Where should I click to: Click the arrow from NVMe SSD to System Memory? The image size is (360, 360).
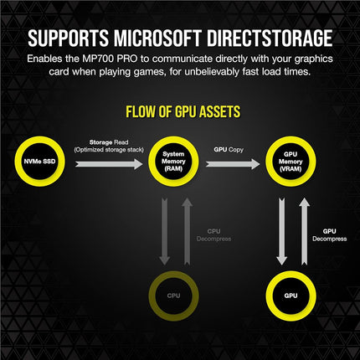pos(109,164)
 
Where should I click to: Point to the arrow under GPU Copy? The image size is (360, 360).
pos(233,164)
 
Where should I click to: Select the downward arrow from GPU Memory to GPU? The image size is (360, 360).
pos(282,231)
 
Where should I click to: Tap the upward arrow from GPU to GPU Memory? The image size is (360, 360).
pos(305,231)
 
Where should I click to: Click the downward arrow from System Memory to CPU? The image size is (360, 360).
pos(165,231)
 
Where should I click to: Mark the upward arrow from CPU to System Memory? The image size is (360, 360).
pos(188,231)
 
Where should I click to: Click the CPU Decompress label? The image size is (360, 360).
pos(213,235)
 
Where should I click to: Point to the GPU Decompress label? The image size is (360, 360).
pos(330,235)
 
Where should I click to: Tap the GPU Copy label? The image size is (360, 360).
pos(229,150)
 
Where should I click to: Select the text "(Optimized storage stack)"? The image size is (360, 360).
pos(109,150)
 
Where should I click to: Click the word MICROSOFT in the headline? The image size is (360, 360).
pos(157,38)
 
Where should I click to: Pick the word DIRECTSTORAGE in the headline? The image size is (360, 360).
pos(270,38)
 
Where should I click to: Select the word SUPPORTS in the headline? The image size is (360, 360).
pos(68,38)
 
